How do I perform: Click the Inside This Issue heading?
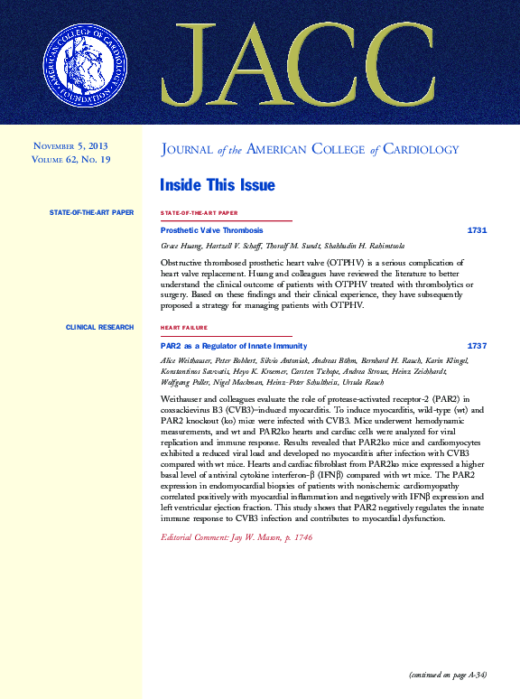pyautogui.click(x=217, y=185)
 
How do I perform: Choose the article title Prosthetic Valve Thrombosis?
pyautogui.click(x=211, y=230)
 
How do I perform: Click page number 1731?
pyautogui.click(x=477, y=230)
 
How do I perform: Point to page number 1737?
pyautogui.click(x=477, y=346)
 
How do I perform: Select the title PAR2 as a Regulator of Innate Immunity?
pyautogui.click(x=233, y=346)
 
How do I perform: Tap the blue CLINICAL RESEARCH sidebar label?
pyautogui.click(x=99, y=327)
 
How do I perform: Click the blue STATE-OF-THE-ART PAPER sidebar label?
pyautogui.click(x=91, y=212)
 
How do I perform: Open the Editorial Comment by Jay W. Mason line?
pyautogui.click(x=236, y=537)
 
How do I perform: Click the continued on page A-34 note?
pyautogui.click(x=448, y=674)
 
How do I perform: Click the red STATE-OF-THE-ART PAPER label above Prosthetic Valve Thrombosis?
pyautogui.click(x=199, y=213)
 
